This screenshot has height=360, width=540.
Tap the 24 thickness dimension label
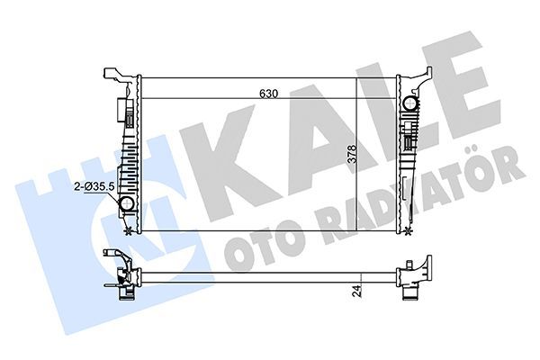point(357,291)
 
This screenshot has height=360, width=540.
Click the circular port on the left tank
point(127,206)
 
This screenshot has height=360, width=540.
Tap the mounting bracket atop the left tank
point(114,73)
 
